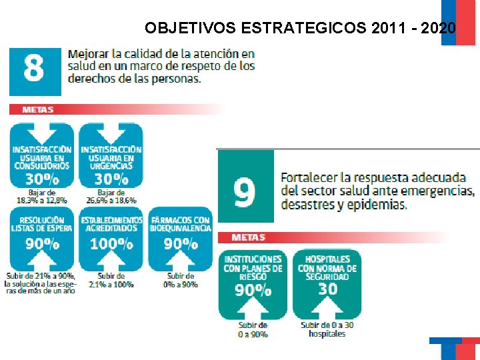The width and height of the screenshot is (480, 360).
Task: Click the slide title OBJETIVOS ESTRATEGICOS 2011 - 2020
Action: [x=301, y=28]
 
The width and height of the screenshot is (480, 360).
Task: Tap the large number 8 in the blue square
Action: [x=33, y=69]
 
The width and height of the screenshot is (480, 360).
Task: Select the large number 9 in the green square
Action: [x=244, y=192]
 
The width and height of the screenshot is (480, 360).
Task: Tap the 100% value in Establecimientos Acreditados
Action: [x=111, y=244]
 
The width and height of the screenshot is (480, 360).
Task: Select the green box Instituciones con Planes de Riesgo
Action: [x=253, y=280]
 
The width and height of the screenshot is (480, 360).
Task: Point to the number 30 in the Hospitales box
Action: [x=327, y=289]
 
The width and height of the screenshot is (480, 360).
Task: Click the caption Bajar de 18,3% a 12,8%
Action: [x=41, y=196]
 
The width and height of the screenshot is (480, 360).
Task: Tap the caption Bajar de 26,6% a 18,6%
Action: [x=111, y=196]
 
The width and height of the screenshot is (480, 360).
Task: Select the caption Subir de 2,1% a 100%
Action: [x=111, y=280]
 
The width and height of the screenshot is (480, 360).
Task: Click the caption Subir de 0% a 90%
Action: [x=181, y=280]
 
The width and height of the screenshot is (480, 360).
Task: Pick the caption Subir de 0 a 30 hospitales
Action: [x=327, y=329]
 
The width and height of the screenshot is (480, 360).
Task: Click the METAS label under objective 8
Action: [x=37, y=109]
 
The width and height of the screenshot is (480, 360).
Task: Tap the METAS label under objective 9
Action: [x=248, y=237]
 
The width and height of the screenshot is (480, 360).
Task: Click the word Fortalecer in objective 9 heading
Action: [x=308, y=178]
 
